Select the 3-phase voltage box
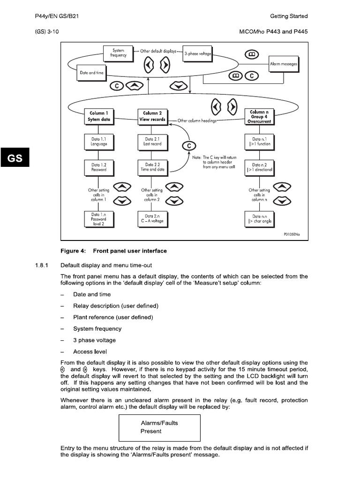click(198, 54)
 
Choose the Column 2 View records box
click(153, 116)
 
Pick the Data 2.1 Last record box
click(153, 142)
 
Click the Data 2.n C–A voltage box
click(153, 218)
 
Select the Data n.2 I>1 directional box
click(260, 167)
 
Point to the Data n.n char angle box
click(260, 218)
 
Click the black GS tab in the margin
click(15, 158)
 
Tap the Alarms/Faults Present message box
click(159, 427)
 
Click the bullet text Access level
click(90, 352)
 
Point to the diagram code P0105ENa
click(293, 233)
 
